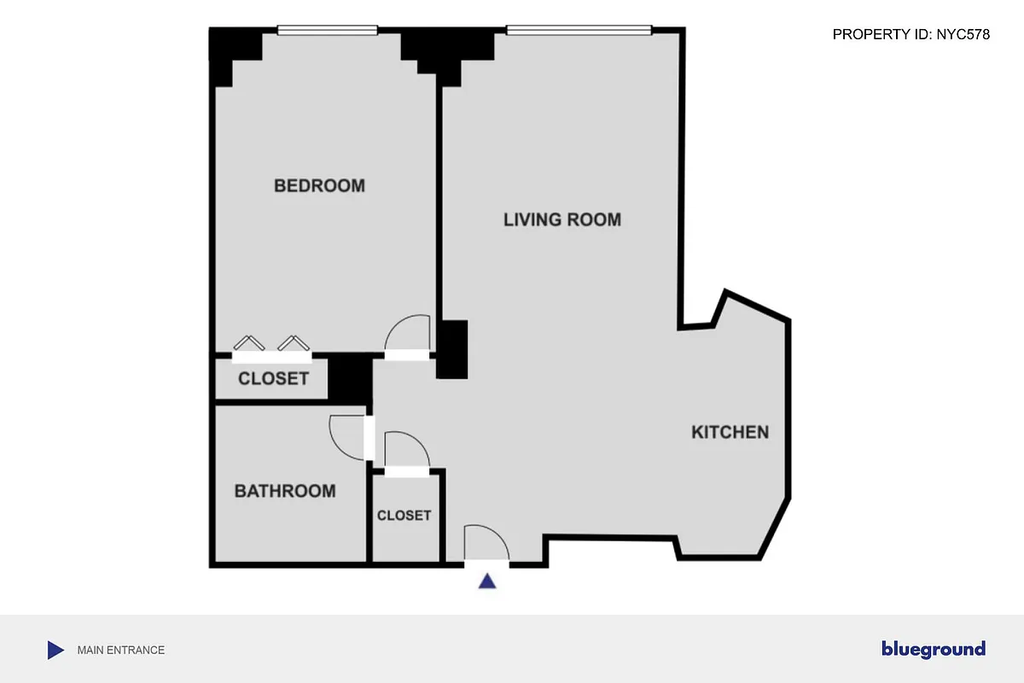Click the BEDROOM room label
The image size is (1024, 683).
pos(319,185)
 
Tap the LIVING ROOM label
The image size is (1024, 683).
pos(561,219)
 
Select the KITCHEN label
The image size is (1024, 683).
pos(730,432)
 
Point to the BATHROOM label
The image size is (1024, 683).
pos(285,491)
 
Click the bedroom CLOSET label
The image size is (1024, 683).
pos(273,378)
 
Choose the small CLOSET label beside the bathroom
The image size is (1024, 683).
pos(404,516)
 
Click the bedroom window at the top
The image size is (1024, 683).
pos(327,31)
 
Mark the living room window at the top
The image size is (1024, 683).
pos(579,31)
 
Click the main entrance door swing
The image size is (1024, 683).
pos(486,543)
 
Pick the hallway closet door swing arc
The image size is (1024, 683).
pos(405,449)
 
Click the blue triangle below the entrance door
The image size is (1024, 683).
pos(487,581)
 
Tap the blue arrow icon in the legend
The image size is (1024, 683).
pos(55,650)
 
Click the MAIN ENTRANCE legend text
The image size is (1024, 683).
pos(120,650)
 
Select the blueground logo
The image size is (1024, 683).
pos(933,649)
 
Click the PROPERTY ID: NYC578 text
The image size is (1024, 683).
pos(911,34)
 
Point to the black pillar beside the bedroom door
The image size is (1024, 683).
pos(452,349)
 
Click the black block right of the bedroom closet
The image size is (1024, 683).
pos(349,378)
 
